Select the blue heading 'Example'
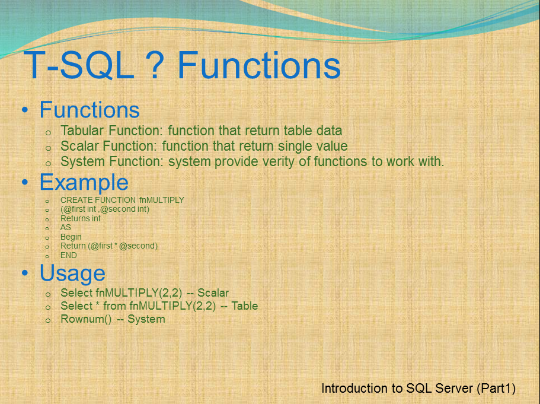84,182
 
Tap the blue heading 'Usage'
72,273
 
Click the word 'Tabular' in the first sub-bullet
82,131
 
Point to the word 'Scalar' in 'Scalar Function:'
79,146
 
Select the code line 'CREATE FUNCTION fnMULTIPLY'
122,200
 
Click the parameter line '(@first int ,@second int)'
104,209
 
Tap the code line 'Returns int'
81,218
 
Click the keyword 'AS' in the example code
66,228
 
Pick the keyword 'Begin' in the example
71,237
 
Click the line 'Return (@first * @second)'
109,246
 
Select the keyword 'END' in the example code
69,255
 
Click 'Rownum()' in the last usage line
86,319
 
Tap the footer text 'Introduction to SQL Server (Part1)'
418,389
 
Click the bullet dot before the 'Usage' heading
25,273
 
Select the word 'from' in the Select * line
115,306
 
